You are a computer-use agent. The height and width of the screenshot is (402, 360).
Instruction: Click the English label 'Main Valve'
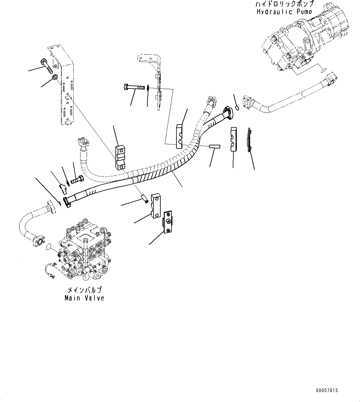[85, 298]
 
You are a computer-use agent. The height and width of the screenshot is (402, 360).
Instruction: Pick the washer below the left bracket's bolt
[55, 77]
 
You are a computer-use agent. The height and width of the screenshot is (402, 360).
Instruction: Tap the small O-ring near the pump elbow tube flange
[237, 108]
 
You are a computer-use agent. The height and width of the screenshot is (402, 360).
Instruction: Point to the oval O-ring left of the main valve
[48, 247]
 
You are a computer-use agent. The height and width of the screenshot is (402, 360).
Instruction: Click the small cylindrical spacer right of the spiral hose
[214, 147]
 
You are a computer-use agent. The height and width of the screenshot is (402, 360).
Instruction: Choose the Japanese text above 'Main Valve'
[85, 290]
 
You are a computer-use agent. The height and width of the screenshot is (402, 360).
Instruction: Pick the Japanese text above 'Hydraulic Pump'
[284, 4]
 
